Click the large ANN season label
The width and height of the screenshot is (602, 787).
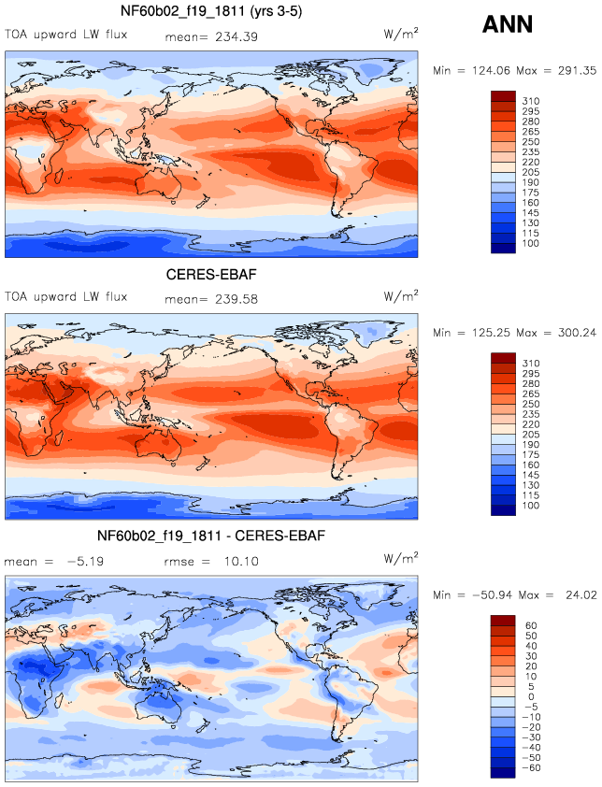pos(507,24)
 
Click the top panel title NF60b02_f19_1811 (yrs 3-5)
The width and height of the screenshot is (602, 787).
pos(211,11)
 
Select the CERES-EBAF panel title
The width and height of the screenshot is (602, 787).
pos(211,274)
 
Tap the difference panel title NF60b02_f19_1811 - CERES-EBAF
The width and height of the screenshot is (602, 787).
pos(211,536)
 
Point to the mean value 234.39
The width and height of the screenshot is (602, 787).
pos(236,36)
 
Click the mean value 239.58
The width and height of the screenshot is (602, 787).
pos(236,299)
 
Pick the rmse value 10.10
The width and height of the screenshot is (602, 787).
pos(241,561)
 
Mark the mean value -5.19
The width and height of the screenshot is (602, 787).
pos(85,561)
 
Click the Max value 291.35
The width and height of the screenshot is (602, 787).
pos(577,71)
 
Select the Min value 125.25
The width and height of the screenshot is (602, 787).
pos(491,333)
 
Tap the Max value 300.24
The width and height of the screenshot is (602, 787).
pos(577,333)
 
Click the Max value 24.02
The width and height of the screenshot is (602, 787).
pos(580,595)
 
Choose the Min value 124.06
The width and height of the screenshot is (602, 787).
pos(491,71)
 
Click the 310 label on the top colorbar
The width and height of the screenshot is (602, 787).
pos(531,101)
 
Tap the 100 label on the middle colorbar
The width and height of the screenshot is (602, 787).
pos(531,506)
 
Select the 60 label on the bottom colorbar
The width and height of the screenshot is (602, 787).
pos(531,625)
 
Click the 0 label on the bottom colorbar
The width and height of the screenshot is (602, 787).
pos(531,696)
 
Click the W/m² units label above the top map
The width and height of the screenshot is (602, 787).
pos(401,34)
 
